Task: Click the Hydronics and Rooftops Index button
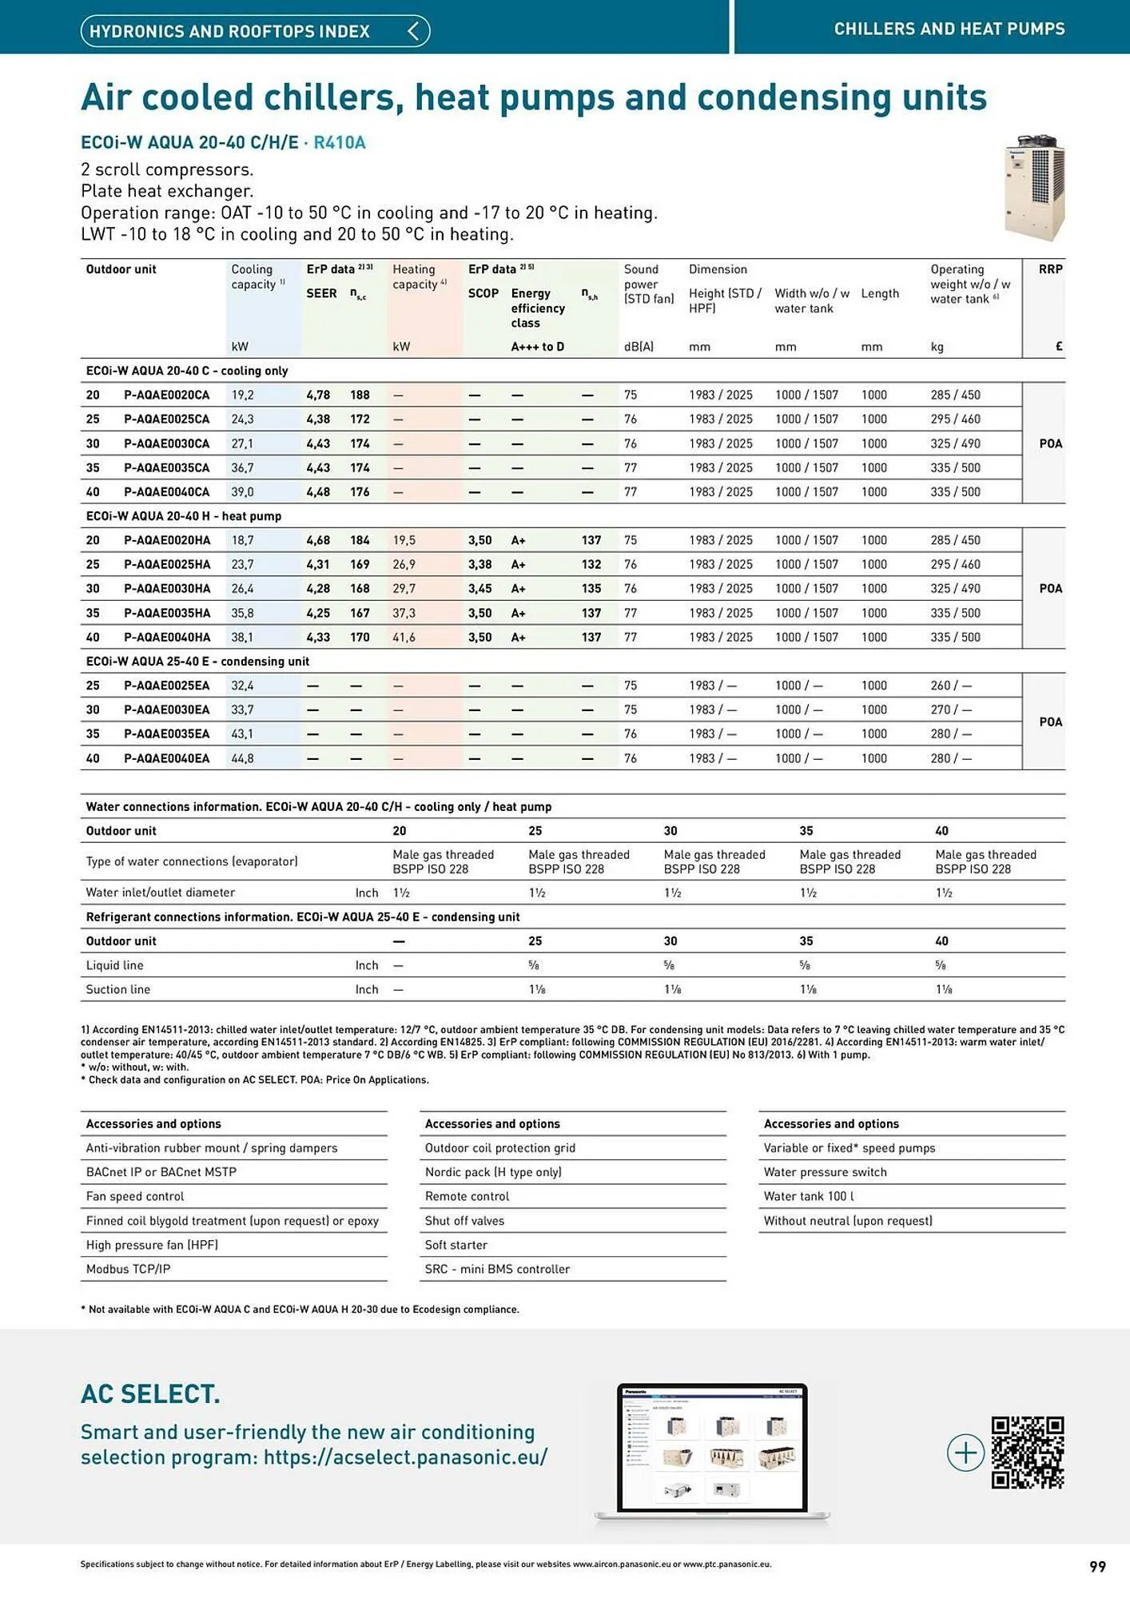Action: [255, 31]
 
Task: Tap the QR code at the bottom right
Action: [1027, 1452]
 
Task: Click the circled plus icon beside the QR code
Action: [965, 1452]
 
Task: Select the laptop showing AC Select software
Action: [713, 1452]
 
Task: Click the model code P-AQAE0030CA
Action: [166, 443]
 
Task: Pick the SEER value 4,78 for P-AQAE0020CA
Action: [318, 395]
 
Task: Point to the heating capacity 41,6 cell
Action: [404, 638]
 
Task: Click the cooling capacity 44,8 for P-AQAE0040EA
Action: [242, 758]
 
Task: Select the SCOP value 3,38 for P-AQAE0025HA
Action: [479, 564]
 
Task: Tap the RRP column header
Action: [1050, 269]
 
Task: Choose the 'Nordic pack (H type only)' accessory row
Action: [493, 1172]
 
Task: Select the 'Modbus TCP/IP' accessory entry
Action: [128, 1269]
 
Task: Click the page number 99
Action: [1097, 1566]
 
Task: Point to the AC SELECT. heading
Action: [150, 1394]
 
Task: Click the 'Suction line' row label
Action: [118, 989]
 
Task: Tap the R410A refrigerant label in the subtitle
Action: [339, 143]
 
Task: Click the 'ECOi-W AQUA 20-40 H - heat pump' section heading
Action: [183, 516]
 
